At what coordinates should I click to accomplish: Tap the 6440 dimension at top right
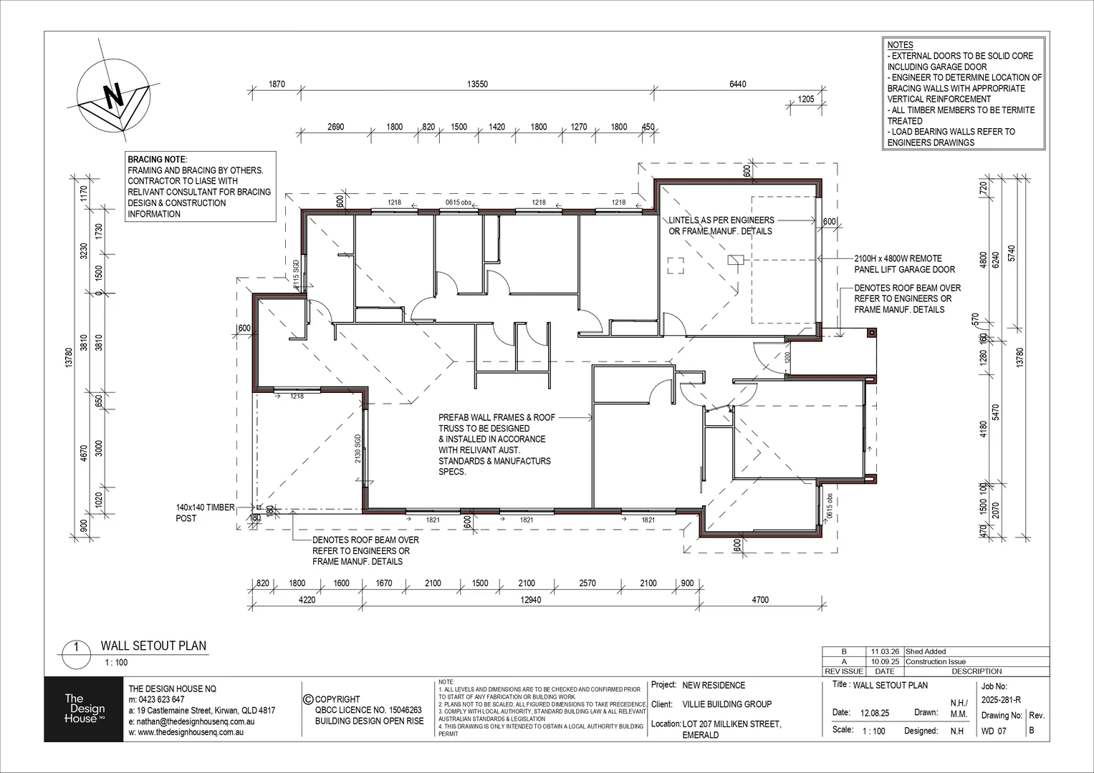pos(737,84)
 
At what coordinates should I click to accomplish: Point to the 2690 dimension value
pos(335,127)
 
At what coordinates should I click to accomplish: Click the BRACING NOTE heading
pos(157,159)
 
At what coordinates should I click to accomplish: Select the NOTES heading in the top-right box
pos(900,45)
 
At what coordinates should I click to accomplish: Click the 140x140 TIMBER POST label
pos(205,512)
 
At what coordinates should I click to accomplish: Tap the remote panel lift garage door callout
pos(904,264)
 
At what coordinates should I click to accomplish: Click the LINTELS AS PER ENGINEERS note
pos(721,225)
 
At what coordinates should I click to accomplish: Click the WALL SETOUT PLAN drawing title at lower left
pos(153,646)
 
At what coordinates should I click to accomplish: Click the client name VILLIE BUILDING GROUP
pos(726,704)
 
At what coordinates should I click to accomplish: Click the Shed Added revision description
pos(926,652)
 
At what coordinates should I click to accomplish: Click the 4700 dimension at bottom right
pos(759,600)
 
